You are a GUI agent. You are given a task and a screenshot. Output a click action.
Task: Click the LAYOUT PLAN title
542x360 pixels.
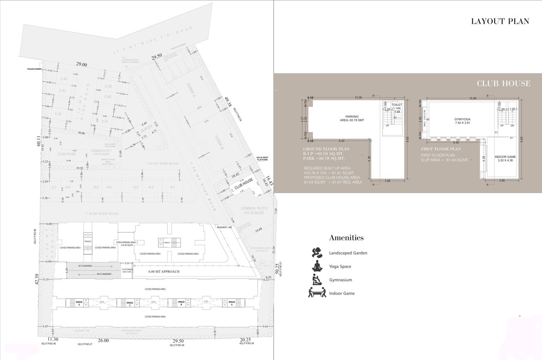[x=500, y=21]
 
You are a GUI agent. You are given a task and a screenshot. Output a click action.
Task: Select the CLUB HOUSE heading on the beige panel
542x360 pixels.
[x=503, y=84]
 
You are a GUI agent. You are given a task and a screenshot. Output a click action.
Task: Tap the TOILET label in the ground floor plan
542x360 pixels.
[x=397, y=105]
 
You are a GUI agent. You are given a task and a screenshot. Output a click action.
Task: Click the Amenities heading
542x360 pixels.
[x=346, y=238]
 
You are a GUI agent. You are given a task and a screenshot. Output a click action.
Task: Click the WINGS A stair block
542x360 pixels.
[x=231, y=303]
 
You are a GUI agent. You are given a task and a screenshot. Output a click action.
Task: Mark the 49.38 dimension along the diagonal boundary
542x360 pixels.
[x=228, y=103]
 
